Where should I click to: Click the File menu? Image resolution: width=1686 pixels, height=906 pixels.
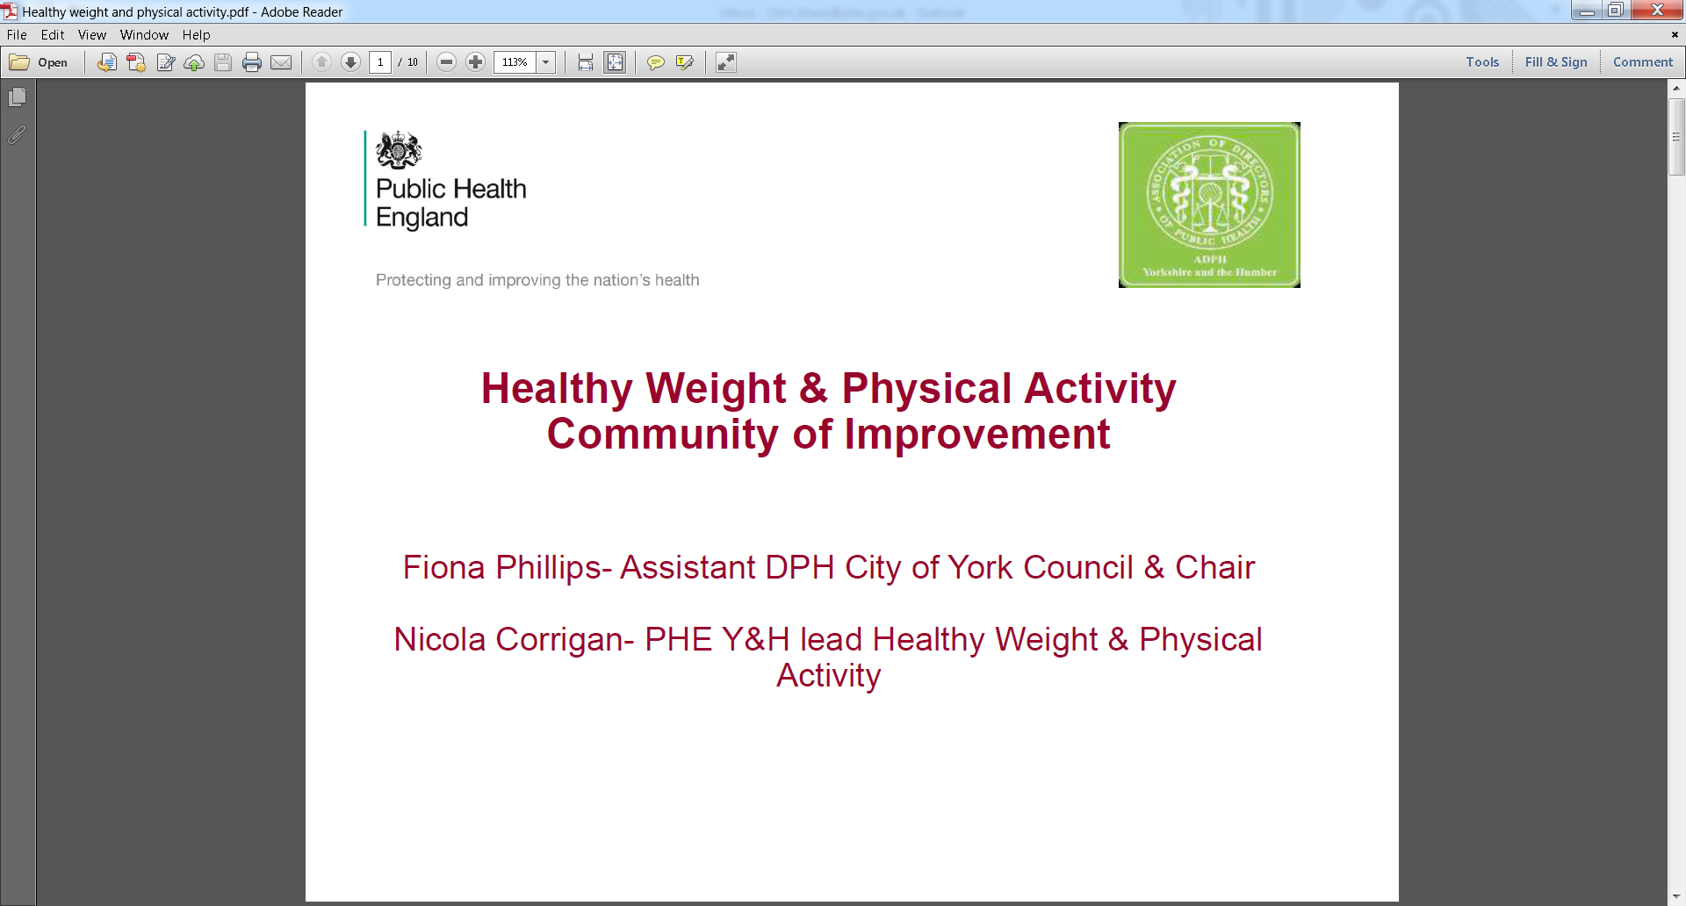tap(17, 35)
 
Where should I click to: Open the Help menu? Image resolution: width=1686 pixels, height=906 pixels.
tap(197, 35)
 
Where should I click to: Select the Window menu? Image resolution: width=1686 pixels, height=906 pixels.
tap(144, 35)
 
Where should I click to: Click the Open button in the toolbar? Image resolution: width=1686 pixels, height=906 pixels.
tap(39, 62)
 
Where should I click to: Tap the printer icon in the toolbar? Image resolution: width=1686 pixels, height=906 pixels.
tap(252, 62)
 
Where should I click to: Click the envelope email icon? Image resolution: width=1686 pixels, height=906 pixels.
tap(281, 62)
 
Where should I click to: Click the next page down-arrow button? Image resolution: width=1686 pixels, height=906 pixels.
tap(350, 62)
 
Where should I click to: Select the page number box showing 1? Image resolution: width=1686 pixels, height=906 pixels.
tap(380, 62)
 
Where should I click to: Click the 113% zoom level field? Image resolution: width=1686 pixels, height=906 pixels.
tap(515, 62)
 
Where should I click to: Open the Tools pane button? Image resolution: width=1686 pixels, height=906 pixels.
tap(1482, 62)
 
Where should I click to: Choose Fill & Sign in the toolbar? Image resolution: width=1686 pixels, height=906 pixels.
tap(1556, 62)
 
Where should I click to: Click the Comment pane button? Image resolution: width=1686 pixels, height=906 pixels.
tap(1643, 62)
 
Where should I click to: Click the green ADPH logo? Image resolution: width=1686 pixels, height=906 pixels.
tap(1209, 205)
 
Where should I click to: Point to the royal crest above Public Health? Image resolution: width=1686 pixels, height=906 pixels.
tap(399, 150)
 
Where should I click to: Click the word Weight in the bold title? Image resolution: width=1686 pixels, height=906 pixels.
tap(716, 389)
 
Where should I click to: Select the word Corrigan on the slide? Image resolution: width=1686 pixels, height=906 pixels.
tap(565, 640)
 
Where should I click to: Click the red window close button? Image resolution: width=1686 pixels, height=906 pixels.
tap(1657, 11)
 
